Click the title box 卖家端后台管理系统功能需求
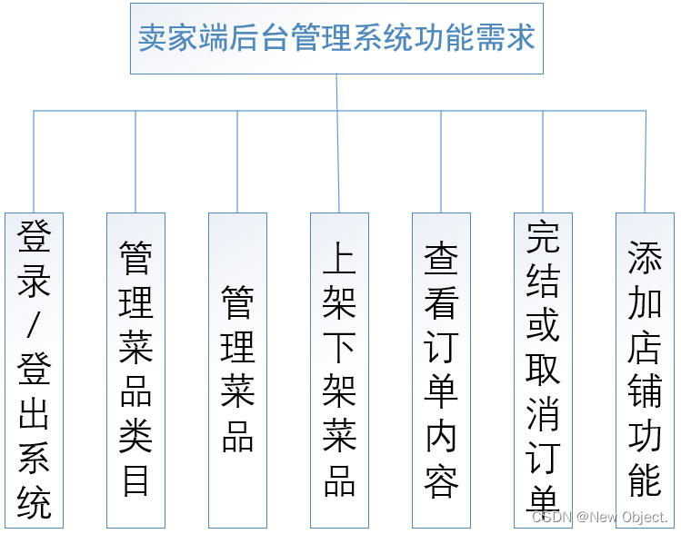pyautogui.click(x=336, y=39)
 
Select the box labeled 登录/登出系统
pyautogui.click(x=34, y=370)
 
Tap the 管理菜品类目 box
pyautogui.click(x=135, y=370)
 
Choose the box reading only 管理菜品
pyautogui.click(x=237, y=370)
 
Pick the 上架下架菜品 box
pyautogui.click(x=339, y=370)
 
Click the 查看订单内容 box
pyautogui.click(x=441, y=370)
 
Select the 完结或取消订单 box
pyautogui.click(x=543, y=370)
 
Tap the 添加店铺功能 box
pyautogui.click(x=645, y=370)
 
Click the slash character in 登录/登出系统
pyautogui.click(x=35, y=325)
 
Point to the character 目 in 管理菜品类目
pyautogui.click(x=135, y=480)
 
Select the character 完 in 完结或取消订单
pyautogui.click(x=543, y=238)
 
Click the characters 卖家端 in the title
pyautogui.click(x=179, y=39)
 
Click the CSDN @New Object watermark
pyautogui.click(x=599, y=517)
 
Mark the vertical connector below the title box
pyautogui.click(x=336, y=92)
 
